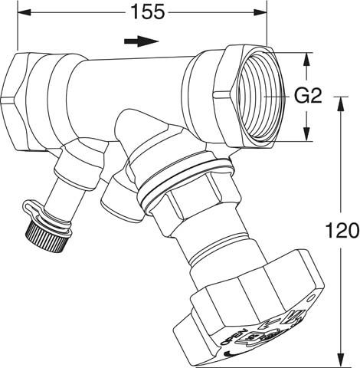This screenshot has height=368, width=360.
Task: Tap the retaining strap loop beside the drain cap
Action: click(x=29, y=207)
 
